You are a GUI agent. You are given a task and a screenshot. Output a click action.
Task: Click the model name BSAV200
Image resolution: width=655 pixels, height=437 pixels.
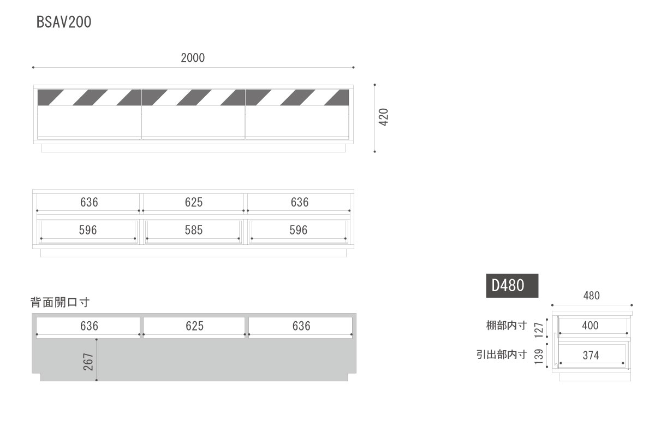64,22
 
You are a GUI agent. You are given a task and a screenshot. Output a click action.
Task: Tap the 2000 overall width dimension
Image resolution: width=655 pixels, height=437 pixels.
193,58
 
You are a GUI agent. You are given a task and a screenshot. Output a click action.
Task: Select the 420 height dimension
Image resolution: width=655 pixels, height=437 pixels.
383,117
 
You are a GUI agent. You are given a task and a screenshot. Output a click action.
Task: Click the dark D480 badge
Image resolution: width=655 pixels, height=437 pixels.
512,285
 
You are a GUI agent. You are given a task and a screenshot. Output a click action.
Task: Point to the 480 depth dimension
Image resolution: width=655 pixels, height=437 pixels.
591,296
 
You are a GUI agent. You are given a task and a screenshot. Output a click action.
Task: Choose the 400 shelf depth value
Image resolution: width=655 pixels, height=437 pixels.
590,326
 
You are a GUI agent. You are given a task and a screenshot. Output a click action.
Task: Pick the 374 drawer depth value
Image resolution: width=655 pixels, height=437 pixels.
591,356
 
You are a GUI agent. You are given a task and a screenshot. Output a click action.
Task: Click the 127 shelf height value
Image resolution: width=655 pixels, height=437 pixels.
539,330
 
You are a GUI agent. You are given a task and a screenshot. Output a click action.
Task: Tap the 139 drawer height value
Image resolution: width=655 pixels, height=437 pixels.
539,357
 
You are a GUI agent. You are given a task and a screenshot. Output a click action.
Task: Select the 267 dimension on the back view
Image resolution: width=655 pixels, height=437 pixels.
88,362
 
